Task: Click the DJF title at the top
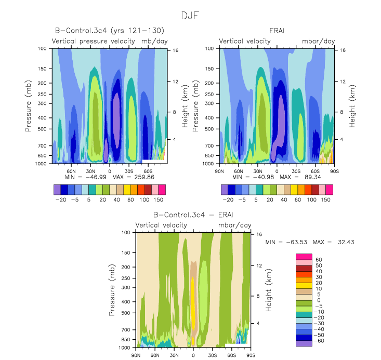point(190,16)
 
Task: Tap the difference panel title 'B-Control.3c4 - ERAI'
point(193,215)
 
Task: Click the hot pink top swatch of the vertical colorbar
point(303,257)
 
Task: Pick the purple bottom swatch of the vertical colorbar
point(303,342)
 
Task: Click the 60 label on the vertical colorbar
point(319,260)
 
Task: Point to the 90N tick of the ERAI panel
point(219,170)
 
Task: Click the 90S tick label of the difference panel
point(251,355)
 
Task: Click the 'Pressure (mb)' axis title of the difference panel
point(112,290)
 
